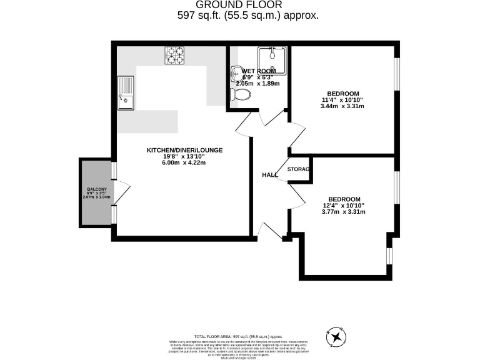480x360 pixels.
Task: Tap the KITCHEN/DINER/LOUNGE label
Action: pyautogui.click(x=184, y=151)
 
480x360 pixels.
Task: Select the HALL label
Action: pyautogui.click(x=270, y=175)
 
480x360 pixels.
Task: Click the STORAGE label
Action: pyautogui.click(x=299, y=169)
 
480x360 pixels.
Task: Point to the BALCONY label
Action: pyautogui.click(x=97, y=190)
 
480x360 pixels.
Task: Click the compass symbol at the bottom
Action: pyautogui.click(x=338, y=337)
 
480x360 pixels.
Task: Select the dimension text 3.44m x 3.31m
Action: pyautogui.click(x=342, y=106)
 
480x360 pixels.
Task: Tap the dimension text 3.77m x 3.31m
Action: pyautogui.click(x=342, y=212)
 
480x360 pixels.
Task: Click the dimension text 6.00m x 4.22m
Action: pyautogui.click(x=184, y=163)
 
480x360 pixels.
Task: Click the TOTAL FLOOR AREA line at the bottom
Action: pyautogui.click(x=242, y=336)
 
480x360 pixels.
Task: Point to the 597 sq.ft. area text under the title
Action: pyautogui.click(x=249, y=16)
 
